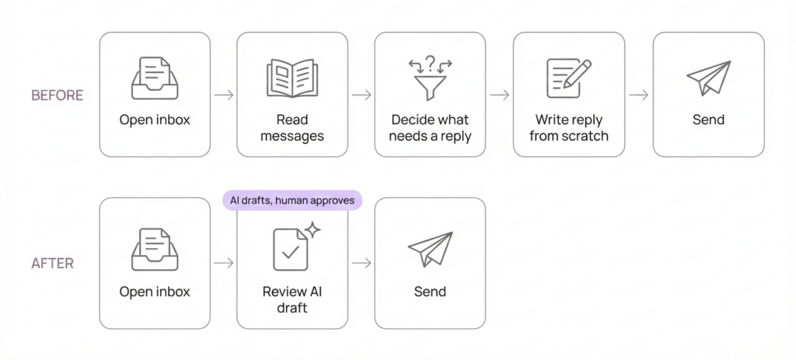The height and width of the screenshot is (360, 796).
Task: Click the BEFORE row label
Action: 57,96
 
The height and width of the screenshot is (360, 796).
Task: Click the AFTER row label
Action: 52,264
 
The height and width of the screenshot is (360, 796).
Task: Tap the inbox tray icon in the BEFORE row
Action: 155,78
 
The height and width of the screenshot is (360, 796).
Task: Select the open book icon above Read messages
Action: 292,79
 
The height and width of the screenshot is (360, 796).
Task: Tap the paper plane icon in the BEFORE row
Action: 708,79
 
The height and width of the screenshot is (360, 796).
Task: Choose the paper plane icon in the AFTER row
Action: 430,249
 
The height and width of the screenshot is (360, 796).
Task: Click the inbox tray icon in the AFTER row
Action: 155,249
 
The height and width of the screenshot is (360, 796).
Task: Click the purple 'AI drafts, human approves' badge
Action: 292,201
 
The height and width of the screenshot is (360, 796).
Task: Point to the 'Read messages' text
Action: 292,128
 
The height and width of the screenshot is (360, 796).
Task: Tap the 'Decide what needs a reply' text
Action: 430,128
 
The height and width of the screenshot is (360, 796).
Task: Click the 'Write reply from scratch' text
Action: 568,128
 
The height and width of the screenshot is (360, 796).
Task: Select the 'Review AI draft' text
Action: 292,299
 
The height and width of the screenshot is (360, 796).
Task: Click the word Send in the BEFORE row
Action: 708,120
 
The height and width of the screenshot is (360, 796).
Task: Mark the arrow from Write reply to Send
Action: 639,95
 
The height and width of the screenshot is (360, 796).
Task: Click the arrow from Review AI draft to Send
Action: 361,264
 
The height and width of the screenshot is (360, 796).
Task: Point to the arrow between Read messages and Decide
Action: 361,95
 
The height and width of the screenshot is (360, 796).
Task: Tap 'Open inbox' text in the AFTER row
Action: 155,292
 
